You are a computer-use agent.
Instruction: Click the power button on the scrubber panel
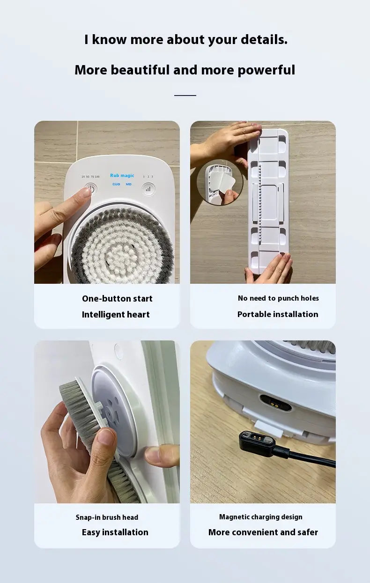90,189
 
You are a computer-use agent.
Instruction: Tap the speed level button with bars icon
149,189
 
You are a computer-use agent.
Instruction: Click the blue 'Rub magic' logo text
122,176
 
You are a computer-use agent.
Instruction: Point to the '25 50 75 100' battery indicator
90,177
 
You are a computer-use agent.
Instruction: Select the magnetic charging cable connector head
257,439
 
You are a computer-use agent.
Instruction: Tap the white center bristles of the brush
121,248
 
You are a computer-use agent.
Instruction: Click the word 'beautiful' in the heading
141,70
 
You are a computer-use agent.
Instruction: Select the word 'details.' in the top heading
263,40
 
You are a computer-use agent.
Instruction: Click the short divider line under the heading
185,96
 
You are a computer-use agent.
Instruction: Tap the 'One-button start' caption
117,299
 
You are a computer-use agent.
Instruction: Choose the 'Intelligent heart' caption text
116,315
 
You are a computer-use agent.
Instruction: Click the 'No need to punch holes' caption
278,298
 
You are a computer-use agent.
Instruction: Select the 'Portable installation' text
278,314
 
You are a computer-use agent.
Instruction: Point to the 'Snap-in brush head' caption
107,517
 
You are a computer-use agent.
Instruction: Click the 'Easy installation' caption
115,532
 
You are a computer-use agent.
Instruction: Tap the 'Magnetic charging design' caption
261,517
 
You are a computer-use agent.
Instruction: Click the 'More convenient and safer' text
263,532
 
